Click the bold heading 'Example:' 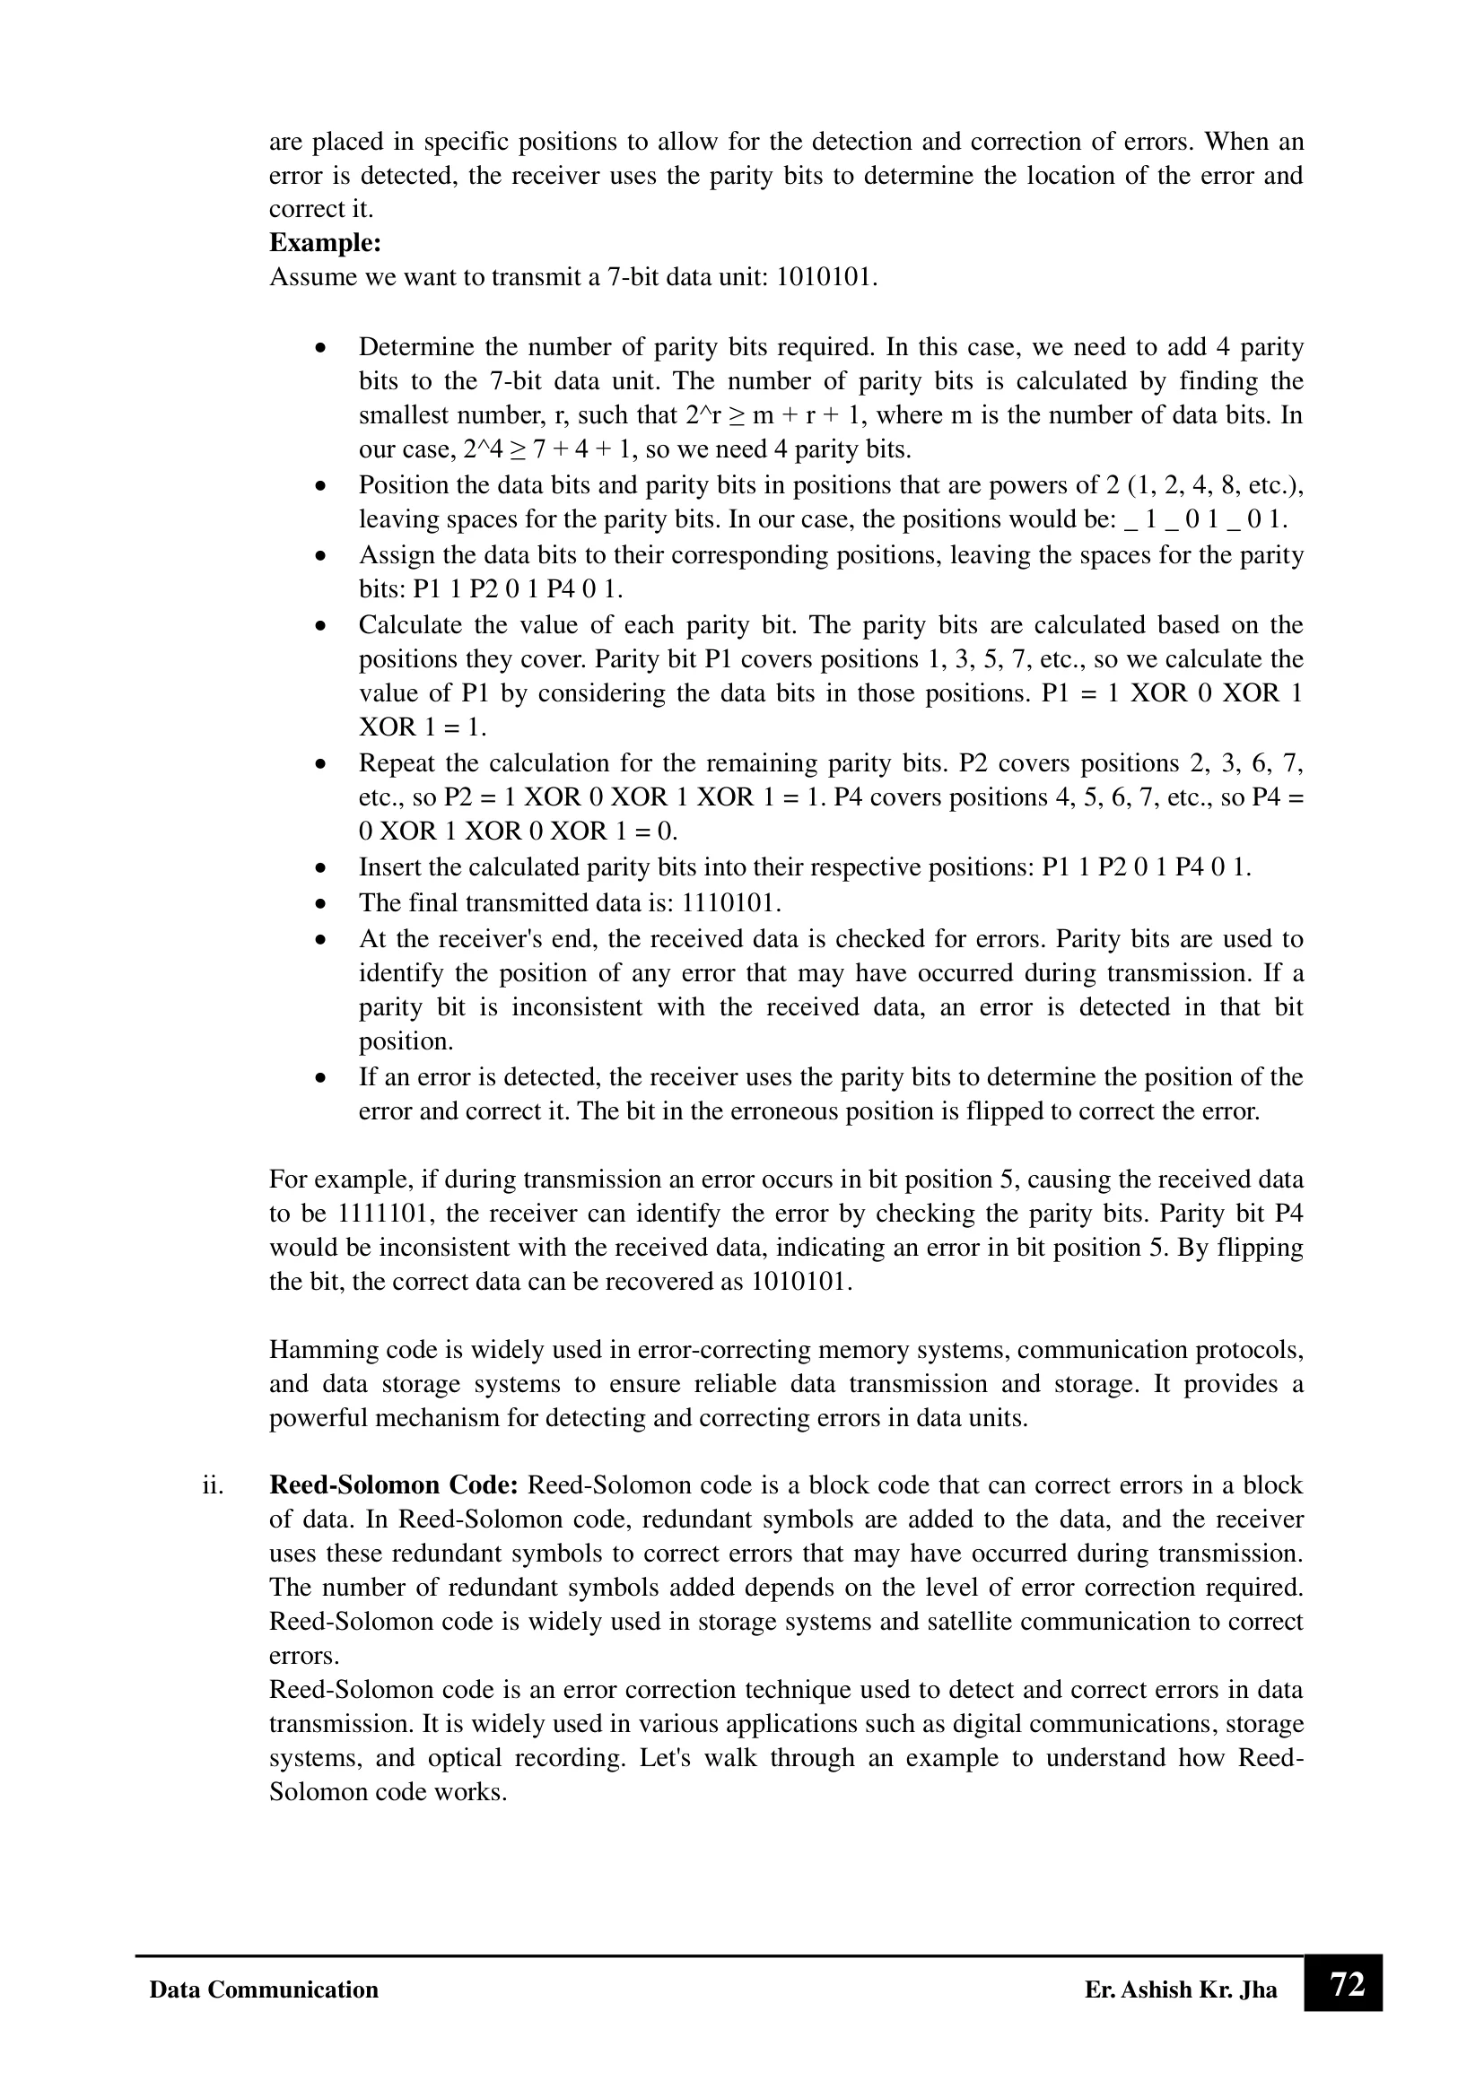click(325, 243)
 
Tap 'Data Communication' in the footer click(263, 1989)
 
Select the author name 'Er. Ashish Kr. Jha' click(1181, 1989)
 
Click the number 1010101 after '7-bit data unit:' click(826, 277)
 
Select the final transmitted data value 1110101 click(732, 903)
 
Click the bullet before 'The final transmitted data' click(319, 904)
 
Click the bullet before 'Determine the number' click(319, 348)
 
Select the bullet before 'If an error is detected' click(319, 1078)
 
